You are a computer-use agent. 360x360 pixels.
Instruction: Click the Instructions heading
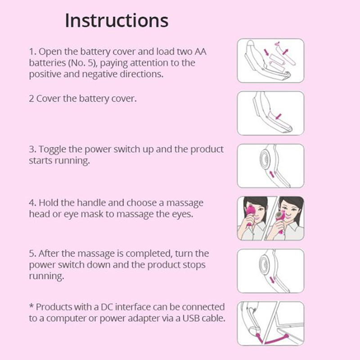pyautogui.click(x=117, y=21)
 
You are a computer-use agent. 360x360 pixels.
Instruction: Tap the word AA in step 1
pyautogui.click(x=200, y=51)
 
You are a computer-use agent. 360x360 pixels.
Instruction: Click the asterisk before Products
pyautogui.click(x=31, y=306)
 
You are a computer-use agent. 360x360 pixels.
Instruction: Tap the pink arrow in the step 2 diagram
pyautogui.click(x=278, y=117)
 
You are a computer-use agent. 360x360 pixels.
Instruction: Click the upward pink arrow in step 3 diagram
pyautogui.click(x=272, y=174)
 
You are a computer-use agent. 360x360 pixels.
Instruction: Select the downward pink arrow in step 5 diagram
pyautogui.click(x=272, y=280)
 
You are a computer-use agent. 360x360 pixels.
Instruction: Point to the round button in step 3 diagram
pyautogui.click(x=265, y=159)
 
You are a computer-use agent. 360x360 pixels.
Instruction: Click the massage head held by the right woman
pyautogui.click(x=280, y=216)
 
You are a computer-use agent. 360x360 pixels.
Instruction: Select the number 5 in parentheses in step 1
pyautogui.click(x=90, y=63)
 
